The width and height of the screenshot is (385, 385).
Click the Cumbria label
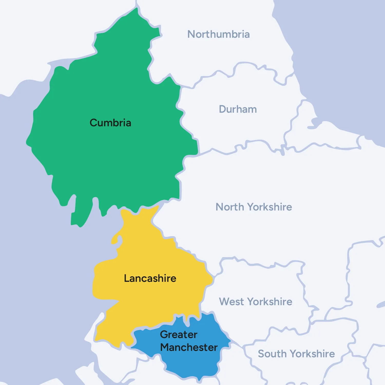point(110,123)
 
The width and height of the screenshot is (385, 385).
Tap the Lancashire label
point(150,278)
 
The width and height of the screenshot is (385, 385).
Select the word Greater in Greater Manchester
point(179,334)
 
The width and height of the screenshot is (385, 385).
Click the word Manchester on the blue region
point(189,347)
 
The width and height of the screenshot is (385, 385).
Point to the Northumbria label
point(218,34)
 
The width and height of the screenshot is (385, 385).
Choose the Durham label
point(238,109)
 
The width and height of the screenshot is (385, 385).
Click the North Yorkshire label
point(254,207)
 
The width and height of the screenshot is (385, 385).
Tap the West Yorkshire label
point(255,302)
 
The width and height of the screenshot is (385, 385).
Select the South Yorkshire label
point(296,354)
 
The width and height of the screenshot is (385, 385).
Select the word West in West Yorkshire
point(232,302)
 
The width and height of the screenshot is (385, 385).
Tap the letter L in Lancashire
point(126,278)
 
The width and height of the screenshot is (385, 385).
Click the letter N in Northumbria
point(191,34)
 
